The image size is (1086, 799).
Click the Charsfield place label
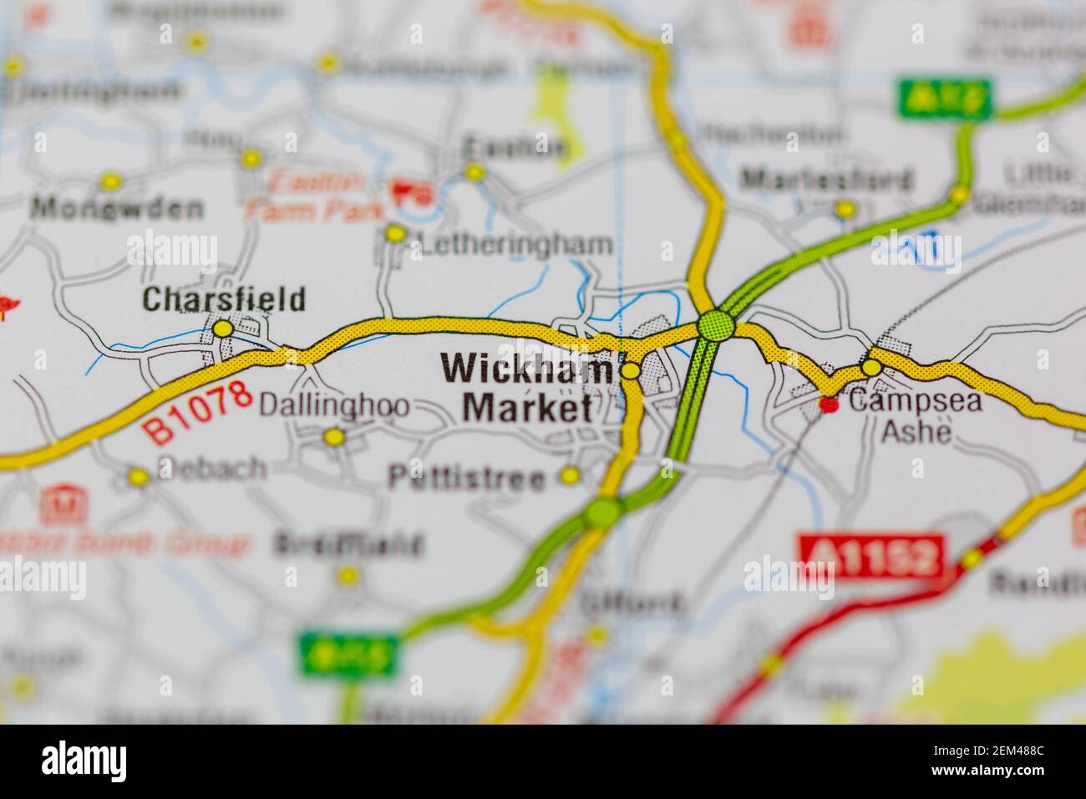224,299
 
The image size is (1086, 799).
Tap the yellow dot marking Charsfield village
222,329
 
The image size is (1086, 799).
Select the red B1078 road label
197,412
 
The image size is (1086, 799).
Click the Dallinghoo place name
334,406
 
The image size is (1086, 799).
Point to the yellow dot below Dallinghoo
334,436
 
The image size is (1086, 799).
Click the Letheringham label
516,245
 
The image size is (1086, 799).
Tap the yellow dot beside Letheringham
394,234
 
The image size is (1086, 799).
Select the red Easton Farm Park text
305,195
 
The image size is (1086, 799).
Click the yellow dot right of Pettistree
570,476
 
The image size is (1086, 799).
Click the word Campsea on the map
916,402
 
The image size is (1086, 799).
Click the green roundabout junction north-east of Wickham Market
716,325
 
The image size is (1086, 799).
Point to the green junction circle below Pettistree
603,512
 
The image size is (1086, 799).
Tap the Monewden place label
117,207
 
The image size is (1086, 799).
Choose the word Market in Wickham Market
528,409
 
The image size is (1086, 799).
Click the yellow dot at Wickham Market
631,370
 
